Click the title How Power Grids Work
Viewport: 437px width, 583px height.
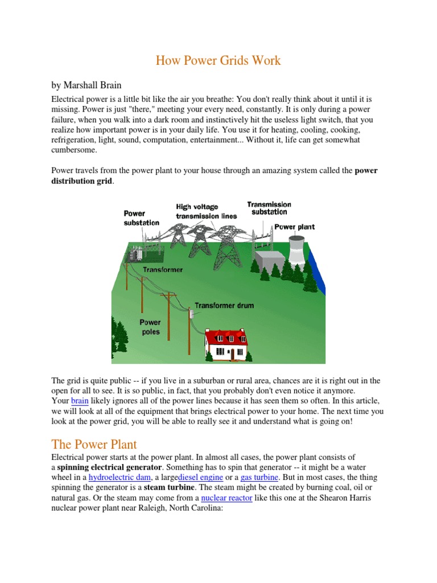click(x=218, y=60)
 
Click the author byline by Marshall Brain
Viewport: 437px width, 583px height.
click(x=86, y=85)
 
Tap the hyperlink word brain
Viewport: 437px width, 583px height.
click(x=79, y=401)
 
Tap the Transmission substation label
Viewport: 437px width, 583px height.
click(x=269, y=208)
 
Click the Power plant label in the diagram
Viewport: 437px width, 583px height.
click(x=294, y=227)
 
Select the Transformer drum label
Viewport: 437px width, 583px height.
click(x=224, y=306)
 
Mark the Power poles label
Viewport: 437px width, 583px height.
click(x=150, y=327)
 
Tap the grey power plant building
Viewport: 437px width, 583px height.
click(x=269, y=261)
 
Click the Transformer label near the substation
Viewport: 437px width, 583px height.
click(x=163, y=270)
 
